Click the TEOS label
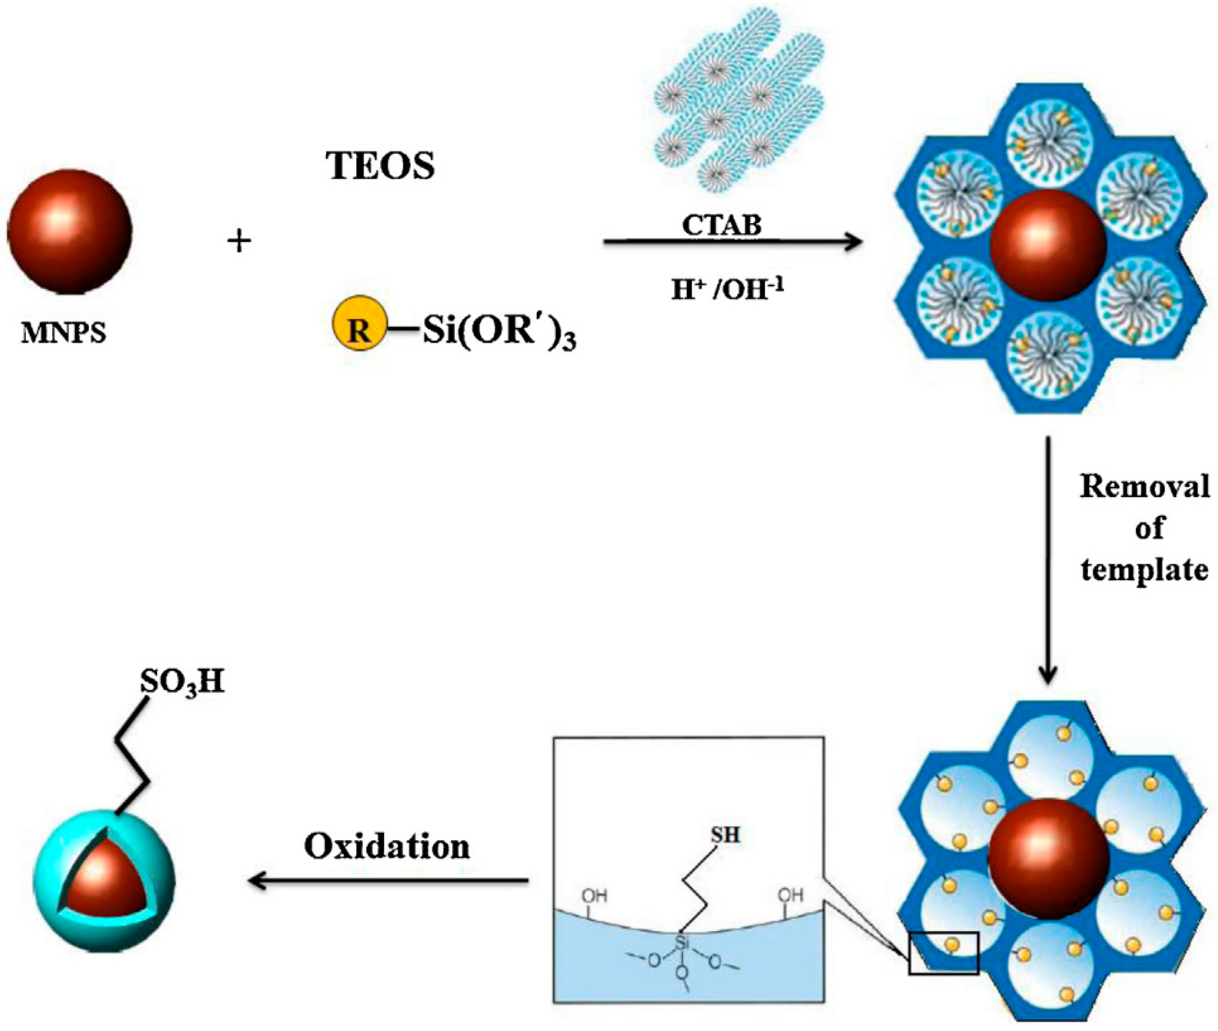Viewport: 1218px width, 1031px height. pyautogui.click(x=381, y=165)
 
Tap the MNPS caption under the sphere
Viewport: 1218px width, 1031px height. pyautogui.click(x=64, y=333)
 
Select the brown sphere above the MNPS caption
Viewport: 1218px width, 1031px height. pyautogui.click(x=69, y=232)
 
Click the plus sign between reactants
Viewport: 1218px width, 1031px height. pyautogui.click(x=239, y=241)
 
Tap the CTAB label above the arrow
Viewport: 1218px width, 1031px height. pyautogui.click(x=722, y=225)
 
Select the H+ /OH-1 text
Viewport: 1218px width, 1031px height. pyautogui.click(x=727, y=289)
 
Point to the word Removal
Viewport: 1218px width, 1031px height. pyautogui.click(x=1144, y=486)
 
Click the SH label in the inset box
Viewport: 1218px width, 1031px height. pyautogui.click(x=725, y=835)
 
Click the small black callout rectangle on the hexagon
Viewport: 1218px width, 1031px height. pyautogui.click(x=943, y=953)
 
